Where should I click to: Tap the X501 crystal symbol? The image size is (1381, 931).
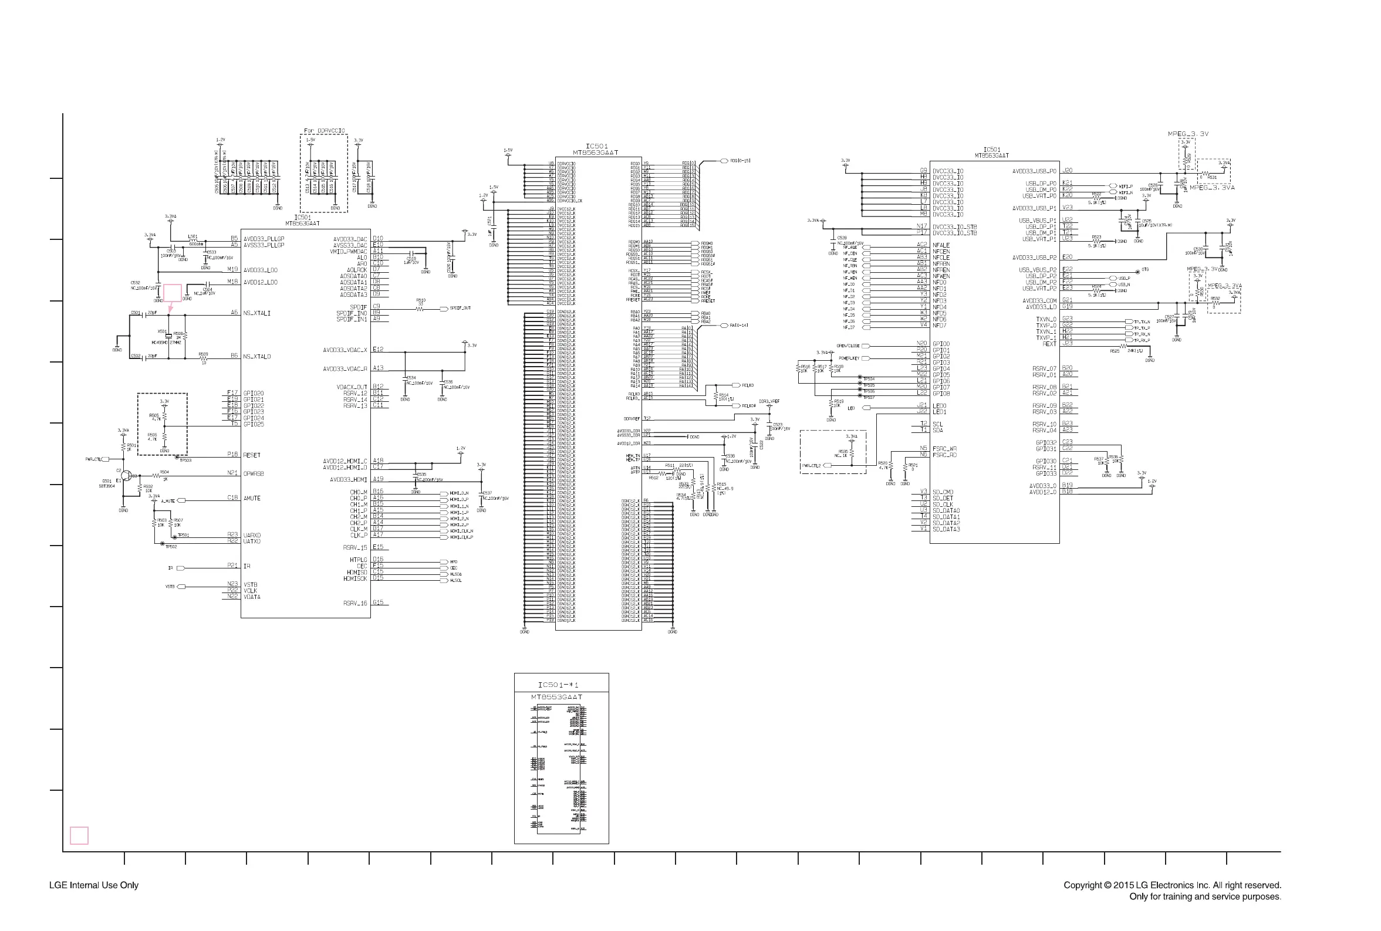[168, 336]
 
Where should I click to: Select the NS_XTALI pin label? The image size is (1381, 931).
[256, 313]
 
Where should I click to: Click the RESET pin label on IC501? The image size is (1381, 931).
[252, 455]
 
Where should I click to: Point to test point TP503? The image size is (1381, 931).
[178, 458]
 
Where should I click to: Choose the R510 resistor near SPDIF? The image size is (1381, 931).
[421, 309]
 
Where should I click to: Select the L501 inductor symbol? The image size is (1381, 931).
[193, 244]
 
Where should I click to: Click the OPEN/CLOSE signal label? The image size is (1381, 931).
[847, 346]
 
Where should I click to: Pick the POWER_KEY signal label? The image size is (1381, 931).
[849, 358]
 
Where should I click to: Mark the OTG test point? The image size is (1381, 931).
[1138, 272]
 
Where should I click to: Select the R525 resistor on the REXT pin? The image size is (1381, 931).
[1123, 346]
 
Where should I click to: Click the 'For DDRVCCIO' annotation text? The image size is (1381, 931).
[324, 131]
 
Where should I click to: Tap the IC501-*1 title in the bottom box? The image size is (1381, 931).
[558, 685]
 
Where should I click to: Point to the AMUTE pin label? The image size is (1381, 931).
[252, 498]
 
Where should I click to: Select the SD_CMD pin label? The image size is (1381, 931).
[943, 492]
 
